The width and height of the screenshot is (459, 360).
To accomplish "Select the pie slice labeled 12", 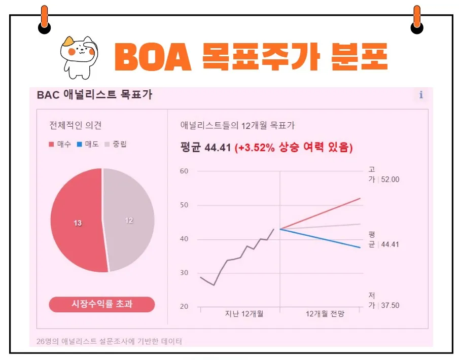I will point(130,220).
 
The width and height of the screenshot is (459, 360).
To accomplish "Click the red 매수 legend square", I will point(51,145).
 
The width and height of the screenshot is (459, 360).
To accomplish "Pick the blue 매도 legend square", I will point(80,145).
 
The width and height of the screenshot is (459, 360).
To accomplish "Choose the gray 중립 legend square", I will point(107,145).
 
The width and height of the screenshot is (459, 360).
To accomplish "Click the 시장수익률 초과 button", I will point(102,304).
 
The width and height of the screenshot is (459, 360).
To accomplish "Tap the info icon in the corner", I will point(420,95).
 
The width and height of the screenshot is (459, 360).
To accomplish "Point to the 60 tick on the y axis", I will point(184,171).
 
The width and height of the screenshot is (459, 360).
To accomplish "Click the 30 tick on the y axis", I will point(184,273).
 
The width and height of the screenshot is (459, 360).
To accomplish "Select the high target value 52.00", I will point(390,179).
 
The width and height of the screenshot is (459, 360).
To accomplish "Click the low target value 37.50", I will point(390,305).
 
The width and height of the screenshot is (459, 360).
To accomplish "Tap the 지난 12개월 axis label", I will point(244,314).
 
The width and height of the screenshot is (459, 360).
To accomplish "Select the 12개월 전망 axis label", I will point(325,314).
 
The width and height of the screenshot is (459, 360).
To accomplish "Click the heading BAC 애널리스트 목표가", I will point(94,95).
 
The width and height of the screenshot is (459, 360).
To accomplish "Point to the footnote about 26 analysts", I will point(109,341).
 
